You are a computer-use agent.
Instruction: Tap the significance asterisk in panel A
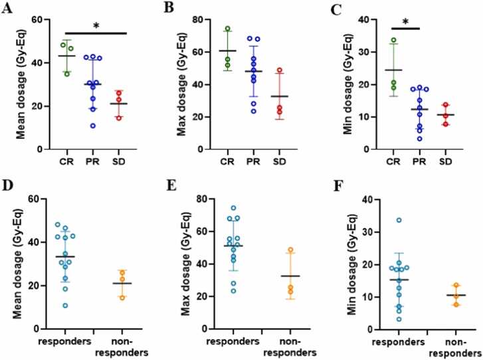point(96,25)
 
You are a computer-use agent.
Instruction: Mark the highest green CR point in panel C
point(393,41)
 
